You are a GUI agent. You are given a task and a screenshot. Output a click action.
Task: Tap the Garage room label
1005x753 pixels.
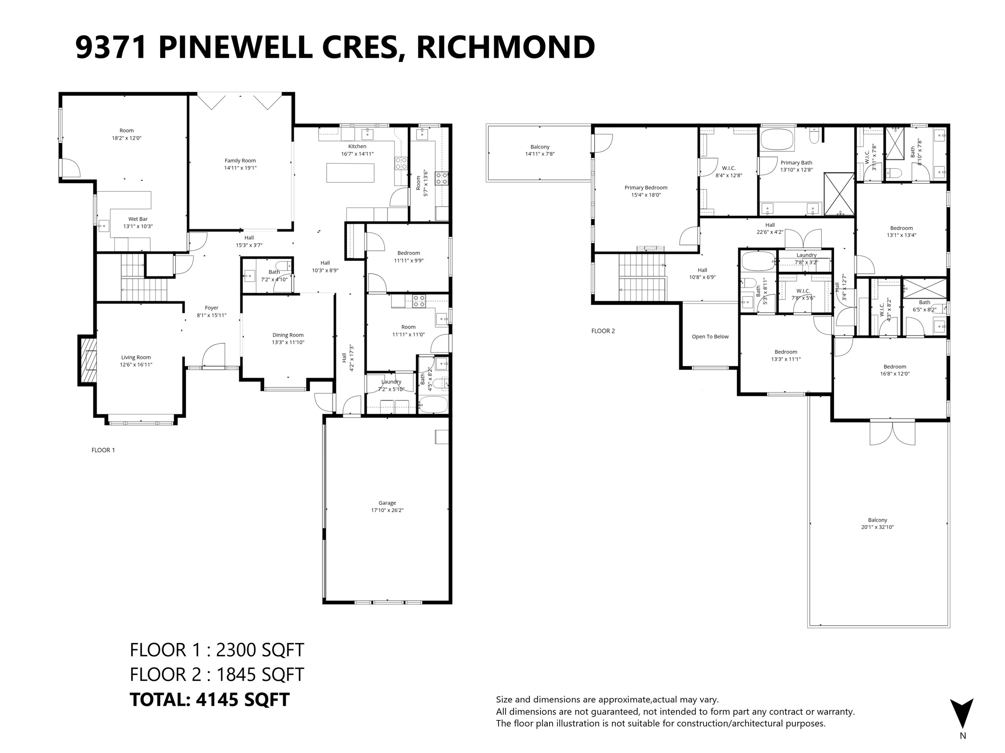click(x=387, y=503)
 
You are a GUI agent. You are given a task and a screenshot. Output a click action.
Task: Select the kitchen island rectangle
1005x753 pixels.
click(x=350, y=173)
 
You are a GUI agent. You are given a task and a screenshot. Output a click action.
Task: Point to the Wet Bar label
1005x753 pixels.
click(x=138, y=219)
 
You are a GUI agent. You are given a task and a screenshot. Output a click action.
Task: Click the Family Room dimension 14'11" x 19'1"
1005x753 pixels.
click(x=240, y=168)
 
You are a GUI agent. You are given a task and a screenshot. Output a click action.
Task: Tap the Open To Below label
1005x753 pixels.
click(x=710, y=337)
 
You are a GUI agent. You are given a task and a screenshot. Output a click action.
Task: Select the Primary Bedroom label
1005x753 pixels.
click(x=646, y=187)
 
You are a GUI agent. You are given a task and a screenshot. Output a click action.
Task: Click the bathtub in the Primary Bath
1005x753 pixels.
click(x=777, y=139)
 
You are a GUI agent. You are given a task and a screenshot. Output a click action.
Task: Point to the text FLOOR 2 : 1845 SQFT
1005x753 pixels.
click(x=217, y=675)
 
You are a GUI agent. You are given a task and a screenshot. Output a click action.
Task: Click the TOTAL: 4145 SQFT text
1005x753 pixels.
click(x=209, y=699)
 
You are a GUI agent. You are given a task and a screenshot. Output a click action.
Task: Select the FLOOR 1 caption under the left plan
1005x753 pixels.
click(x=103, y=450)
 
